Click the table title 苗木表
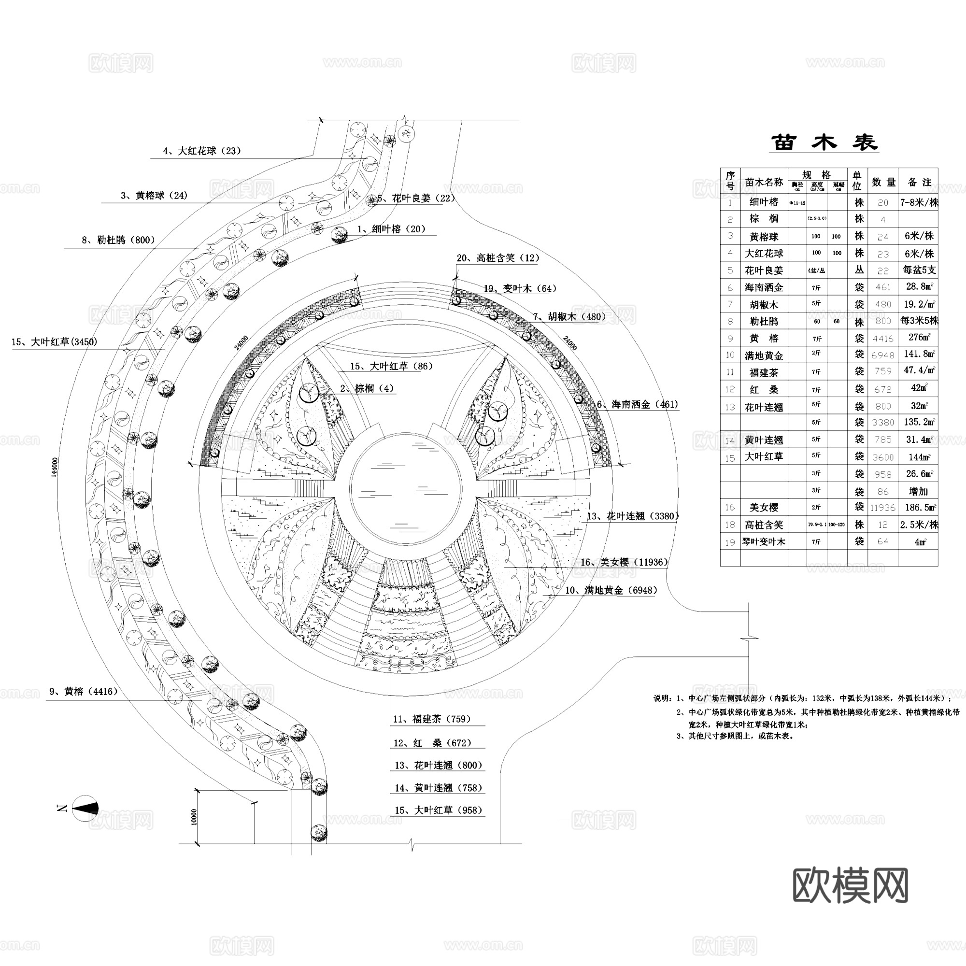pyautogui.click(x=824, y=142)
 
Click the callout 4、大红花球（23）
pyautogui.click(x=202, y=151)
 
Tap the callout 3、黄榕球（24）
pyautogui.click(x=154, y=196)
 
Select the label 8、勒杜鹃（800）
pyautogui.click(x=118, y=240)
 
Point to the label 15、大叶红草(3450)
pyautogui.click(x=55, y=342)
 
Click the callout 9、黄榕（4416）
pyautogui.click(x=84, y=692)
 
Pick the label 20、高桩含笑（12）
pyautogui.click(x=498, y=258)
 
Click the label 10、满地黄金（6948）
pyautogui.click(x=611, y=591)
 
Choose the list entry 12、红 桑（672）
pyautogui.click(x=432, y=743)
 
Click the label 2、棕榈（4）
pyautogui.click(x=367, y=388)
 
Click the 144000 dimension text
pyautogui.click(x=55, y=467)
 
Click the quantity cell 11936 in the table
pyautogui.click(x=882, y=508)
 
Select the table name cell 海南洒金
pyautogui.click(x=764, y=287)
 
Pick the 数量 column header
pyautogui.click(x=883, y=183)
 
